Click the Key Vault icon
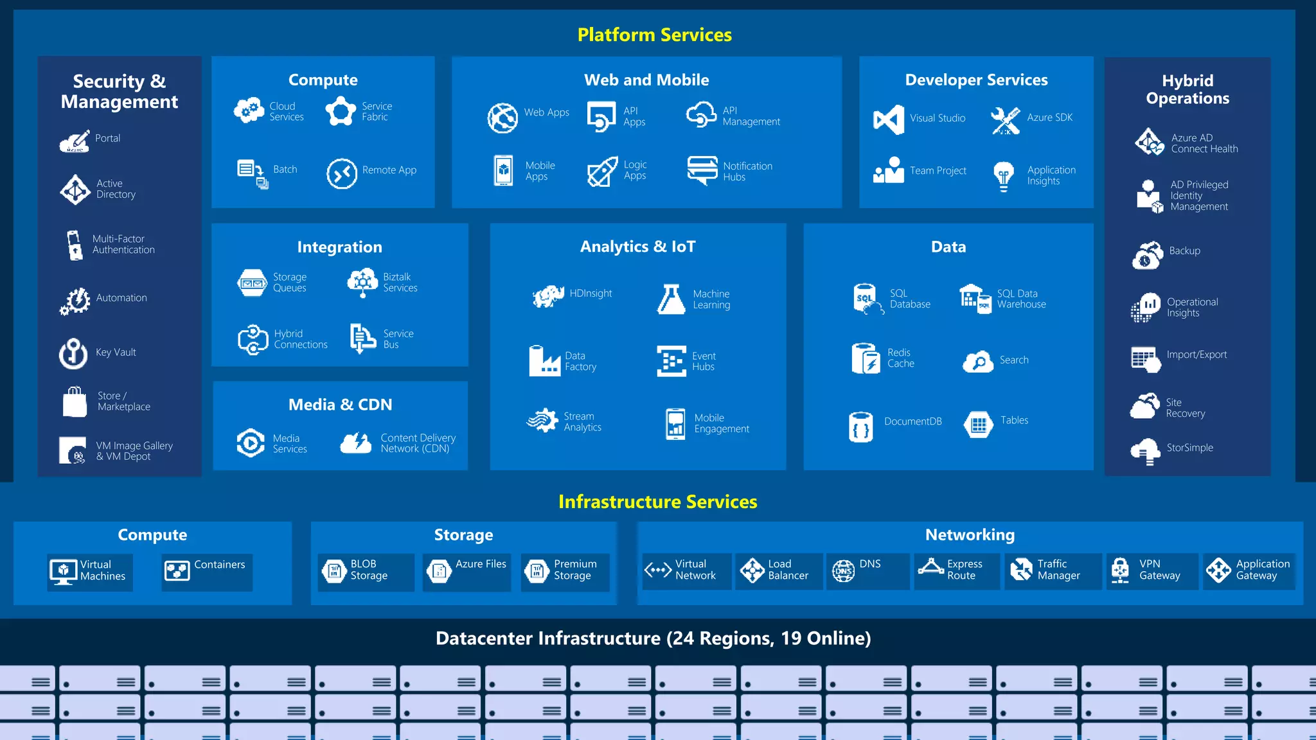pyautogui.click(x=73, y=353)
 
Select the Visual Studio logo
pyautogui.click(x=889, y=119)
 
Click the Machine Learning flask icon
pyautogui.click(x=671, y=299)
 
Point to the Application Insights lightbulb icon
pyautogui.click(x=1003, y=175)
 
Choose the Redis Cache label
pyautogui.click(x=900, y=358)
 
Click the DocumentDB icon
pyautogui.click(x=861, y=427)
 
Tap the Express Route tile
pyautogui.click(x=957, y=570)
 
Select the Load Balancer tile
pyautogui.click(x=778, y=570)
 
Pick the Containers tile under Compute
pyautogui.click(x=207, y=571)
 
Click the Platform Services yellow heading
pyautogui.click(x=654, y=35)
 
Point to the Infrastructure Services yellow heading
pyautogui.click(x=657, y=502)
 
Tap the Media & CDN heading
pyautogui.click(x=340, y=405)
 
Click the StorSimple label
pyautogui.click(x=1189, y=448)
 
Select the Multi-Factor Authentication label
pyautogui.click(x=123, y=244)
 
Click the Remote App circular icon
pyautogui.click(x=341, y=173)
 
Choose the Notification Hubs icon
pyautogui.click(x=702, y=170)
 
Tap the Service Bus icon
pyautogui.click(x=362, y=338)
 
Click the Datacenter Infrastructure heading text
pyautogui.click(x=653, y=639)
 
